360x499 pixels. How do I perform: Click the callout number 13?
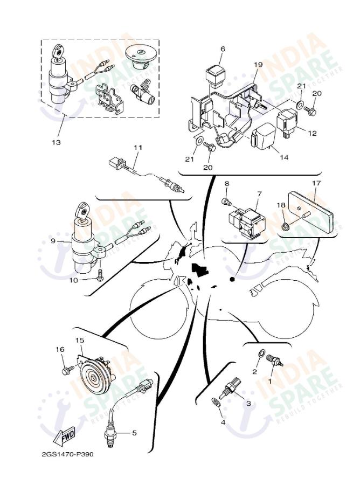click(56, 142)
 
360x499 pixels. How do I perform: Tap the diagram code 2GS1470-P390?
click(67, 454)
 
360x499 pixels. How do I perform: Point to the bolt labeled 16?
click(67, 370)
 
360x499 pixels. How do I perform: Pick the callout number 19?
click(258, 65)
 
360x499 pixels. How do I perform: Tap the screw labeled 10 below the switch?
click(100, 278)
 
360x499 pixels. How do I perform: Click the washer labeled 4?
click(216, 401)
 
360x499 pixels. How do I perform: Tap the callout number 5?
click(135, 432)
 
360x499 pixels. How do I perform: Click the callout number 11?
click(137, 147)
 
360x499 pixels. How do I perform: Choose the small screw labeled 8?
click(227, 202)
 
